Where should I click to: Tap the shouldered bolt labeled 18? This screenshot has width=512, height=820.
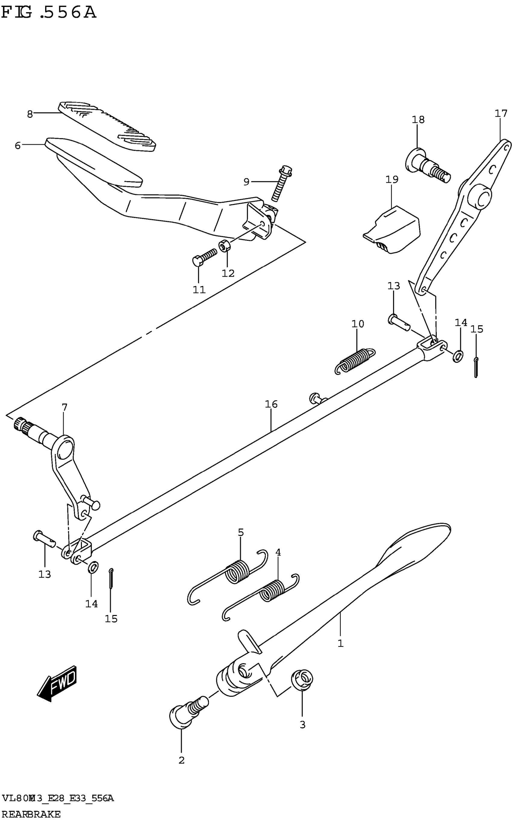pos(427,166)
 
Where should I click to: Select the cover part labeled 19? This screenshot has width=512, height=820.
pos(393,231)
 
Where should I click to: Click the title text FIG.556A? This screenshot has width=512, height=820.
pos(49,13)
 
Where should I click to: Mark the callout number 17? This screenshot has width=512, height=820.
pos(501,113)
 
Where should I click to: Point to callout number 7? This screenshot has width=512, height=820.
pos(64,407)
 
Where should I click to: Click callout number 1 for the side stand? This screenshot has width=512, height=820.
pos(340,643)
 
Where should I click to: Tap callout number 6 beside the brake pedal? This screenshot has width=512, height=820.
pos(17,145)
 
